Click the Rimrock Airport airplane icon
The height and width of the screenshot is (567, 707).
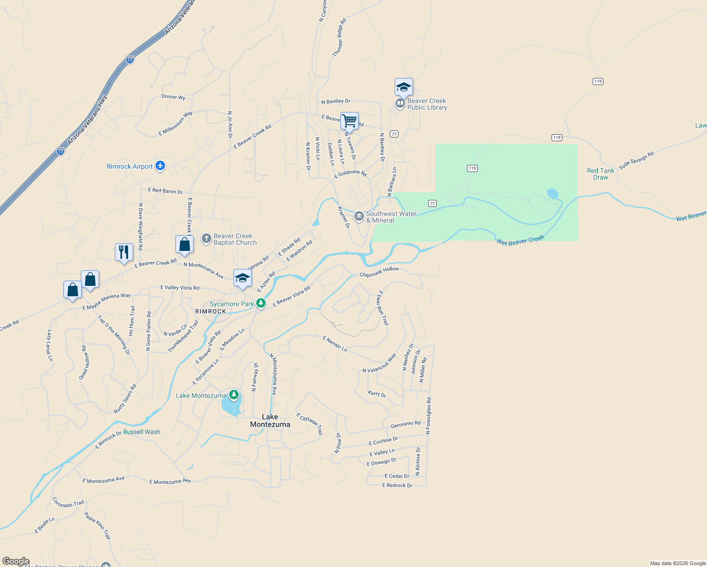point(160,165)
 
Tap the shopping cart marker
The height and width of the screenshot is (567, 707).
point(349,121)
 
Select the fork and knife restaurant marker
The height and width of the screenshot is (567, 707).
point(124,252)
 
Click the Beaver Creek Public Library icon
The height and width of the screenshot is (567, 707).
point(400,103)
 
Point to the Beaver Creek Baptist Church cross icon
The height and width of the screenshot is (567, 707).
point(207,239)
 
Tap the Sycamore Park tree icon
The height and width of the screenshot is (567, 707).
point(261,303)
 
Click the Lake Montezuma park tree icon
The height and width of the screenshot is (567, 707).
point(233,395)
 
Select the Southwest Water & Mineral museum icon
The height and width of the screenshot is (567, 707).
point(359,216)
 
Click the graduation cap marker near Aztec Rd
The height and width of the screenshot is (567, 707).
point(242,278)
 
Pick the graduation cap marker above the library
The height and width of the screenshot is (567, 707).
point(404,87)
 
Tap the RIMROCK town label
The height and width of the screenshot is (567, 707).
point(211,311)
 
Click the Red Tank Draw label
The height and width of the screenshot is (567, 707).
point(601,174)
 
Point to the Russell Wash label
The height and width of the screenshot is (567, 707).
point(142,432)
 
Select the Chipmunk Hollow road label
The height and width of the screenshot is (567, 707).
point(379,272)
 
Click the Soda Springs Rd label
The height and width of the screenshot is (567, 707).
point(637,160)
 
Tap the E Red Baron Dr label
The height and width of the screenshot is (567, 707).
point(165,191)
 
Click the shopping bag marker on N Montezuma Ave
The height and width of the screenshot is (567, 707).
point(184,244)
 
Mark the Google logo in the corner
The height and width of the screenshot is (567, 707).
point(16,561)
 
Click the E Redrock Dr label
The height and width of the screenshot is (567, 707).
point(397,485)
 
